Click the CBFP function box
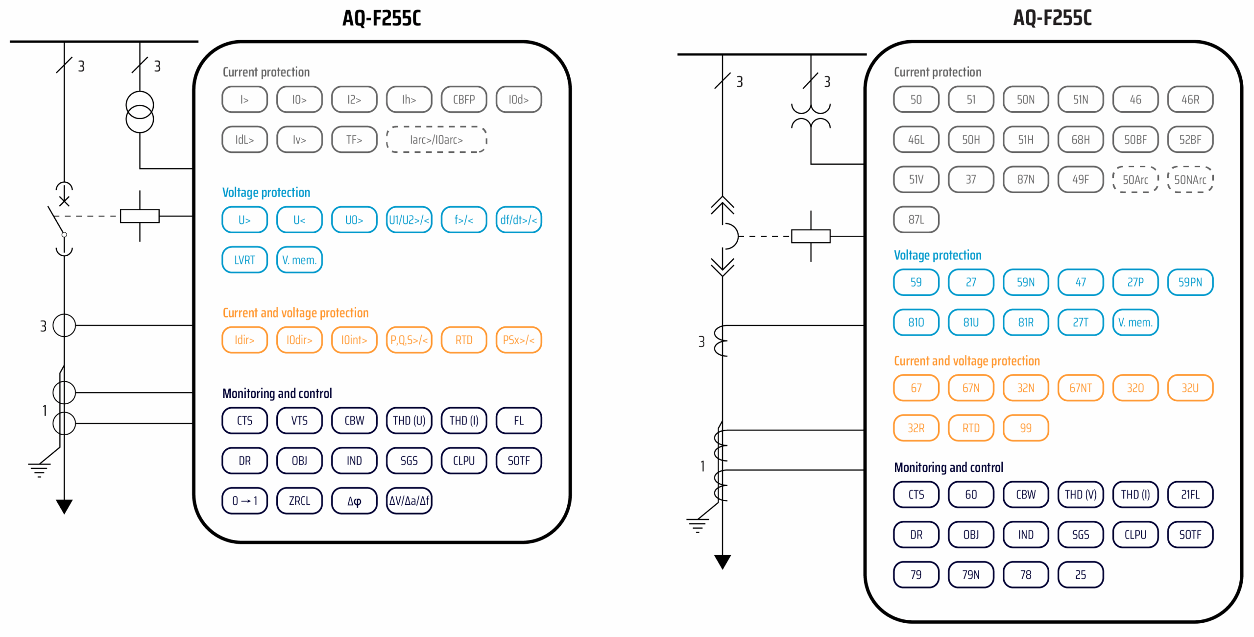pos(463,99)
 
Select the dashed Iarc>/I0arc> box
pos(436,140)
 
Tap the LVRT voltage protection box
pos(244,260)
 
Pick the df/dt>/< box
pos(518,220)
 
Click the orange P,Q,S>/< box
pos(409,340)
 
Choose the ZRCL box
pos(299,500)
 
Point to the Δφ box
pos(354,500)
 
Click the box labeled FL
pos(518,420)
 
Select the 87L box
pos(916,220)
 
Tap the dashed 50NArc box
pos(1190,179)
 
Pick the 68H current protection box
pos(1080,140)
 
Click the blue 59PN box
pos(1190,282)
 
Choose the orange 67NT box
pos(1080,388)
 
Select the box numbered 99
pos(1025,428)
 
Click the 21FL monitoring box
pos(1190,494)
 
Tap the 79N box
pos(970,574)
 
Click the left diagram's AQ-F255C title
pos(381,18)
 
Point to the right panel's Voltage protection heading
pos(937,255)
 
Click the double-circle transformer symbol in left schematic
pos(140,112)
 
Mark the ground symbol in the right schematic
pos(697,525)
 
